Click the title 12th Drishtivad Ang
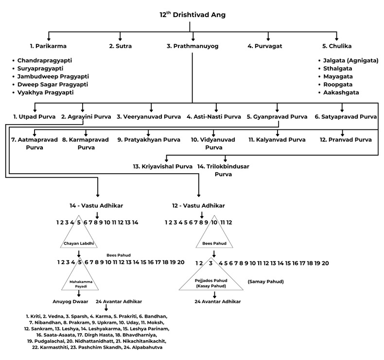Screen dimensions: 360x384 192,15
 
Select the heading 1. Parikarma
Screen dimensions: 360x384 48,47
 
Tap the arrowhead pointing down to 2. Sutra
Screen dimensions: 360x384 120,39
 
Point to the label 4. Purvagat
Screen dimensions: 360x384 265,47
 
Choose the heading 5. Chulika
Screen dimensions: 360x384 336,47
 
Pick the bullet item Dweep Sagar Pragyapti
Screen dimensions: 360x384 52,84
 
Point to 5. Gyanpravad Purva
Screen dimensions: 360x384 277,117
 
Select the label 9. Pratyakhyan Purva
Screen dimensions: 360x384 149,140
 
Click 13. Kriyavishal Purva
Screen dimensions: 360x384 163,167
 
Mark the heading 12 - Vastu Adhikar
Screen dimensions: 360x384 198,206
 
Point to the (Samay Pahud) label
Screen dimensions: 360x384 265,282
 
